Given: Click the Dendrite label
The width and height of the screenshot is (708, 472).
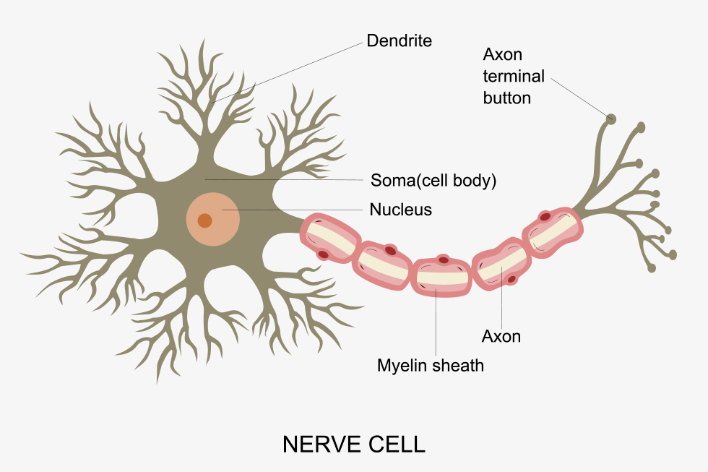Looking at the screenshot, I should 399,40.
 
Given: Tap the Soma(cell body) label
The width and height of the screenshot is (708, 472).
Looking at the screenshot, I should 433,179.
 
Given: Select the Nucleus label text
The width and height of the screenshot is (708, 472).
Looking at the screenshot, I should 400,210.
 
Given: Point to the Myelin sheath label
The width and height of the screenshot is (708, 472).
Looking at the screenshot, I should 431,366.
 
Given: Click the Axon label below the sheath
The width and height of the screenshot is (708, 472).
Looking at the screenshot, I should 501,336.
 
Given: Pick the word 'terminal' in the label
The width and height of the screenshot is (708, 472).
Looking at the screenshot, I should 514,77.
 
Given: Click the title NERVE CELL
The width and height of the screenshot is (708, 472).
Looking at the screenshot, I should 353,444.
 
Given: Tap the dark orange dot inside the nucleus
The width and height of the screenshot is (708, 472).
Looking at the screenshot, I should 205,220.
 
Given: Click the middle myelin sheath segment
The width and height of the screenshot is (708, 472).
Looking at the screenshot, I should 441,276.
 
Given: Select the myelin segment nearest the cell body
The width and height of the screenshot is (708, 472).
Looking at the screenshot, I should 329,237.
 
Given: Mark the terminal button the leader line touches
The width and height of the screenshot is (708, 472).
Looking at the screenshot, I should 611,119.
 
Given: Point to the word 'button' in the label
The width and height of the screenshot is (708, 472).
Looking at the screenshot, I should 507,98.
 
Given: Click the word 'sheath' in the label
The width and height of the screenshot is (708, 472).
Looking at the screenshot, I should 459,366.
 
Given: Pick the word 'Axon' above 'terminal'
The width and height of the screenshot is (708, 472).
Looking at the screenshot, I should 502,55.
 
